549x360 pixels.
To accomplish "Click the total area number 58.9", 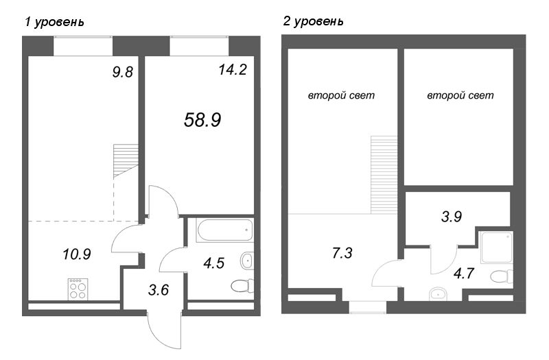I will [202, 121].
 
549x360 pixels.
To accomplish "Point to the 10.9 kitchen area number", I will [76, 253].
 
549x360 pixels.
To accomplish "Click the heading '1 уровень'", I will [54, 22].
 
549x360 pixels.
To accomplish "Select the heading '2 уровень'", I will [314, 22].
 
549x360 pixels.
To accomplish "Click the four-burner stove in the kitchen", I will [78, 288].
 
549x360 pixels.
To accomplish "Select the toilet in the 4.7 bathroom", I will [503, 276].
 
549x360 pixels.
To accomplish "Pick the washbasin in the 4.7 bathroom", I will [437, 295].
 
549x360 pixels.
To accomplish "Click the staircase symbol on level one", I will [125, 160].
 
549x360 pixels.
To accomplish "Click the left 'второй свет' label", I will [341, 96].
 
